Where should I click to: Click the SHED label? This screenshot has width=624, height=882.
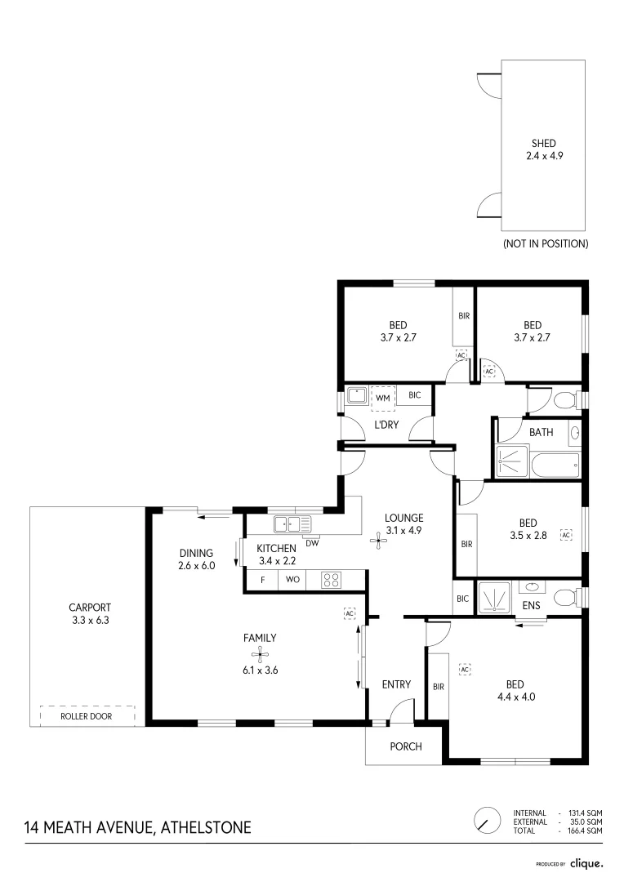coord(543,144)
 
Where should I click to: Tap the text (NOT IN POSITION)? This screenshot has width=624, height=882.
coord(545,243)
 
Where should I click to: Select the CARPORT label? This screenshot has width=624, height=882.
coord(91,608)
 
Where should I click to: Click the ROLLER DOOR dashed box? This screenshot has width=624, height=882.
coord(87,715)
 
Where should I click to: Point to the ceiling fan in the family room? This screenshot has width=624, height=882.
coord(259,653)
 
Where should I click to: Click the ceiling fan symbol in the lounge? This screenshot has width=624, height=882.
coord(377,539)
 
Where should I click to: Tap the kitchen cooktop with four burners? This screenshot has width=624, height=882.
coord(332,581)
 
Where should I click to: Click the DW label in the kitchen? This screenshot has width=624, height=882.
coord(311,542)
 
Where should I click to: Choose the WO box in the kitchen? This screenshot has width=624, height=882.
coord(292,581)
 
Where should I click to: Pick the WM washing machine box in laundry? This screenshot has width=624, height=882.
coord(382,397)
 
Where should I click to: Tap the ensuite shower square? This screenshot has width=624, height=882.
coord(493,596)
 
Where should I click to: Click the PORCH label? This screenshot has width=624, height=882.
coord(404,746)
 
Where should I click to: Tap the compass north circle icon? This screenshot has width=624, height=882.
coord(487,820)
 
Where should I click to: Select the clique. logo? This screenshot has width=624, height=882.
coord(586,862)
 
